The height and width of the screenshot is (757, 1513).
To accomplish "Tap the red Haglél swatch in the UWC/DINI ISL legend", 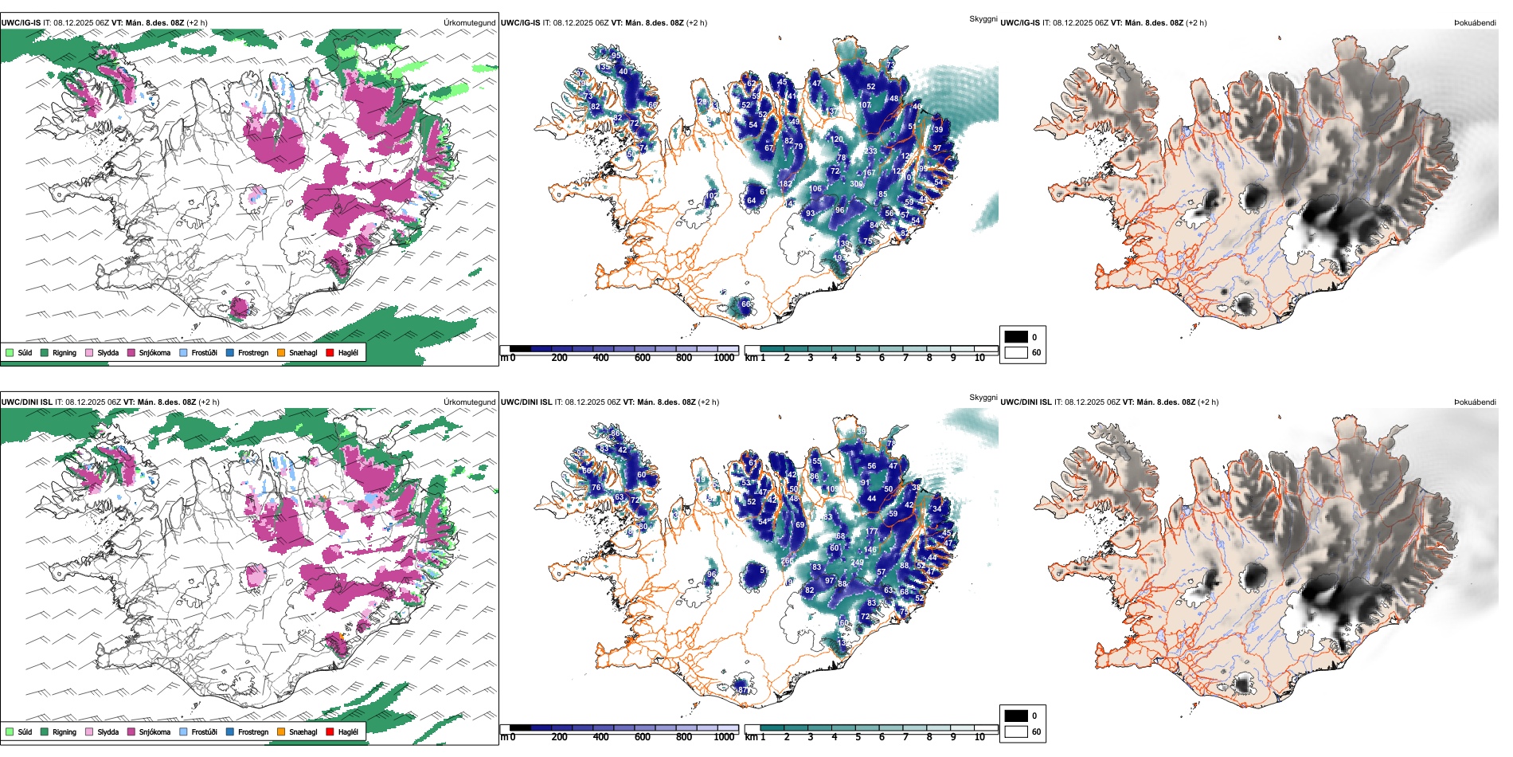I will point(330,732).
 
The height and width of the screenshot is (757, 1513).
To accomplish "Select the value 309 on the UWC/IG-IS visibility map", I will point(856,184).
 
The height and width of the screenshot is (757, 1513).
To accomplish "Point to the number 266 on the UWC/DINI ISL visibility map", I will point(787,561).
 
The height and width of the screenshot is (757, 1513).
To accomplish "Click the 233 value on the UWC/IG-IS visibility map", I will point(870,151).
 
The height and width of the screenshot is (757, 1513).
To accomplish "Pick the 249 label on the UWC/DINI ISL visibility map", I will point(857,563).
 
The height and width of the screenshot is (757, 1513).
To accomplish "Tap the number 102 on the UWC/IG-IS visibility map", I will point(711,196).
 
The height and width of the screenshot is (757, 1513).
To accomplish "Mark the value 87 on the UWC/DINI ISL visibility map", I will point(743,690).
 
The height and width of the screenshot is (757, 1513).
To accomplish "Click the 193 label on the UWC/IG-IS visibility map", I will point(839,258).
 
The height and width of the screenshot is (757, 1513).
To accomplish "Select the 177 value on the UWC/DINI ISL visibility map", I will point(871,531).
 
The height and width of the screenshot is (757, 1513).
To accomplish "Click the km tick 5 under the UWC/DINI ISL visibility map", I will point(858,737).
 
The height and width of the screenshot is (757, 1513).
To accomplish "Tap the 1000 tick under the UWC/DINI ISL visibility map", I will point(724,737).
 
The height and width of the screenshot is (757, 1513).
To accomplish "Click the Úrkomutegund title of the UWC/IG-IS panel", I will point(469,23).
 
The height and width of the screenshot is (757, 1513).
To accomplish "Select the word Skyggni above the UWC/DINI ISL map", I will point(983,397).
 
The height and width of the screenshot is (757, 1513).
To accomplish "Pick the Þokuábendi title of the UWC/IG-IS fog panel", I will point(1475,23).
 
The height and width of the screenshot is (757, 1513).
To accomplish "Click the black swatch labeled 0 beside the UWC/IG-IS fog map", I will point(1016,337).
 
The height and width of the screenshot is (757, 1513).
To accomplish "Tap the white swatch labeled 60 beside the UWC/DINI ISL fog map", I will point(1016,732).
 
